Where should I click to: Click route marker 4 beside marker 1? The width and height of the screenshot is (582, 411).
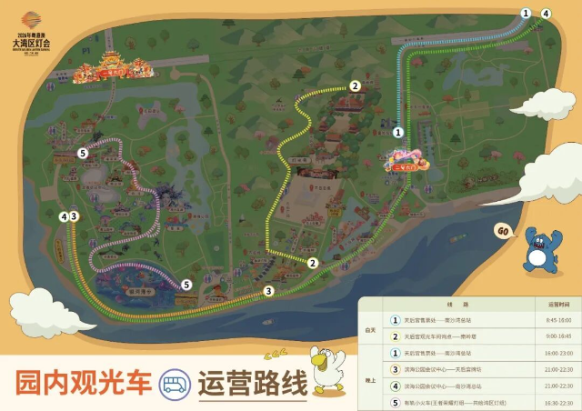tap(546, 14)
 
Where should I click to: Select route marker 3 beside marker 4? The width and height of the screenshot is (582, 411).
tap(75, 216)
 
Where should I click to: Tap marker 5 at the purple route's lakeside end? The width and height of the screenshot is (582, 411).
tap(186, 285)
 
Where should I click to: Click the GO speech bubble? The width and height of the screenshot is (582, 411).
tap(502, 231)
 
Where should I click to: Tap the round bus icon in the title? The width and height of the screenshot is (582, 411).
tap(173, 384)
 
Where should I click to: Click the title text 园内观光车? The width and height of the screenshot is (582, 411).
tap(82, 384)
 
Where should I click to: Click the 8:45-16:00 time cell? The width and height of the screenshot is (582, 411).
tap(558, 320)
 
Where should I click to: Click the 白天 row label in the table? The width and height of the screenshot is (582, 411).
tap(371, 328)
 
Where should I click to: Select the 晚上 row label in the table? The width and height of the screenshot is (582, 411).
tap(371, 376)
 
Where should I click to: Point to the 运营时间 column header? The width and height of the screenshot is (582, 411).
tap(558, 305)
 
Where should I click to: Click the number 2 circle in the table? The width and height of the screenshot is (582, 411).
tap(395, 336)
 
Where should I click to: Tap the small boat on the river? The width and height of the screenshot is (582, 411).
tap(267, 320)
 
